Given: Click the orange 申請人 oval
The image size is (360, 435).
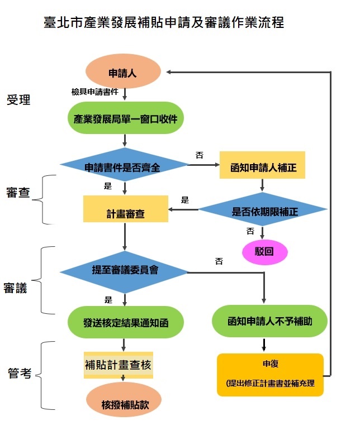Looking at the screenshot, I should point(122,73).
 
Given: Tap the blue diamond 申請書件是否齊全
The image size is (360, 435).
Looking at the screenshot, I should point(124,166).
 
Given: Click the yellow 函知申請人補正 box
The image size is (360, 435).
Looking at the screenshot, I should point(262,166).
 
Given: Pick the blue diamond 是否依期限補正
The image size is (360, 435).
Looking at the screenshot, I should point(263,211).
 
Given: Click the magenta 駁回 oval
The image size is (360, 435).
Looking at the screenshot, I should point(264,251).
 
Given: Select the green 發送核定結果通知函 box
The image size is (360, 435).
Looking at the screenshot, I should point(125,322).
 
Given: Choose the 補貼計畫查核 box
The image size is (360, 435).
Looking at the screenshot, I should point(119,366).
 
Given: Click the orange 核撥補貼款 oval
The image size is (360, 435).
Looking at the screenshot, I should point(124,402).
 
